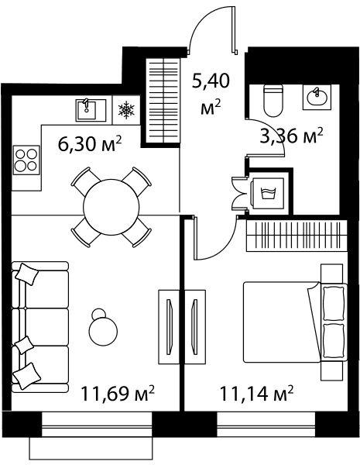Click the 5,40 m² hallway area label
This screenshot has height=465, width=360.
[x=211, y=95]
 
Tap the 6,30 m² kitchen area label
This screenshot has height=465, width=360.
[x=90, y=144]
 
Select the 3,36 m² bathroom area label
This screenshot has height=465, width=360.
[x=291, y=136]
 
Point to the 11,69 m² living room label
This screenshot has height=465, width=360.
[x=118, y=393]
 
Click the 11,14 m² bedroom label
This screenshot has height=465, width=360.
[x=256, y=393]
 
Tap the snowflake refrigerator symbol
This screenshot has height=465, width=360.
[x=126, y=110]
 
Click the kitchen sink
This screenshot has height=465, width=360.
[x=91, y=110]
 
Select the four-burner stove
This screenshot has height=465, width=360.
[x=26, y=160]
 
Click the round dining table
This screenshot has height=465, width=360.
[x=111, y=208]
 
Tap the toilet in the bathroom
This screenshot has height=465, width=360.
[x=273, y=101]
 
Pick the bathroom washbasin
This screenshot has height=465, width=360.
[x=317, y=97]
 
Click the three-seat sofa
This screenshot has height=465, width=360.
[x=40, y=327]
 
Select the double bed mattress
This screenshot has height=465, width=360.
[x=282, y=322]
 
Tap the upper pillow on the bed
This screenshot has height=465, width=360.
[x=334, y=302]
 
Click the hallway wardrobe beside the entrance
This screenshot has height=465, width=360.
[x=163, y=100]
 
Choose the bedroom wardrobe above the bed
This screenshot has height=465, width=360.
[x=297, y=236]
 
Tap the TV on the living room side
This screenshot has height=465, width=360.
[x=170, y=326]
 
